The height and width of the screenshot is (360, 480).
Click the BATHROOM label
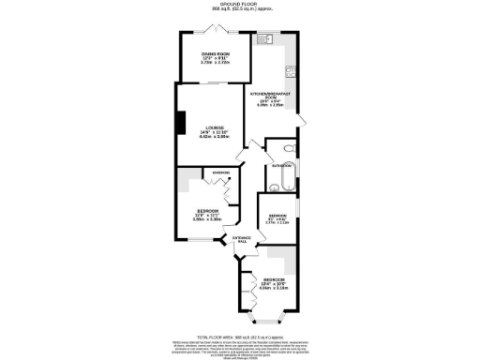[281, 165]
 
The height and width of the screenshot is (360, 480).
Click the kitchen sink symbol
[266, 40]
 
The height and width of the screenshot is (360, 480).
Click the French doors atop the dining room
[215, 31]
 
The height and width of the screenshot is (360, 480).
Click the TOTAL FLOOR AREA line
[241, 336]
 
